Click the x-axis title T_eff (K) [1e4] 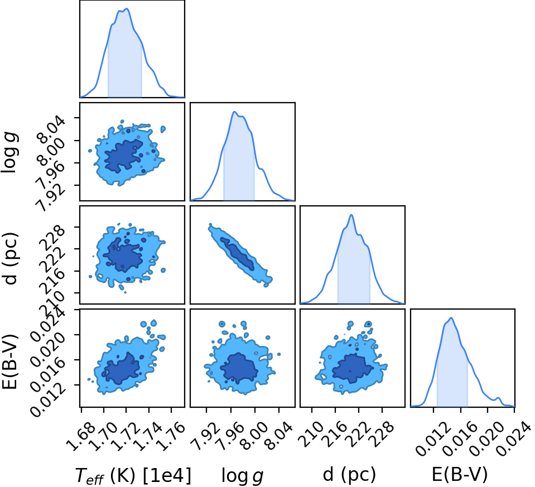(x=133, y=475)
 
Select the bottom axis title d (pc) (x=349, y=475)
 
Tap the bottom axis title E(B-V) (x=460, y=474)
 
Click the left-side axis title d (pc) (x=9, y=258)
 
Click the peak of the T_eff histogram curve (x=127, y=9)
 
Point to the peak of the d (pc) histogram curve (x=351, y=215)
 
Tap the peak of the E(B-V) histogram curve (x=451, y=318)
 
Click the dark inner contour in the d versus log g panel (x=237, y=254)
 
